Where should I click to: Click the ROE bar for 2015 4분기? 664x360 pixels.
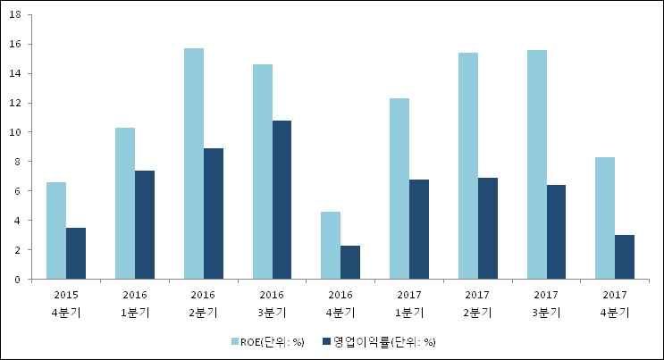pyautogui.click(x=56, y=230)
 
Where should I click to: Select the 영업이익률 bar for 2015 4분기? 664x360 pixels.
pyautogui.click(x=76, y=254)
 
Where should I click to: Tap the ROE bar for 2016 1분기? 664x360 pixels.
pyautogui.click(x=125, y=204)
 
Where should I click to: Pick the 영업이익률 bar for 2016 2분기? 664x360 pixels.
pyautogui.click(x=214, y=213)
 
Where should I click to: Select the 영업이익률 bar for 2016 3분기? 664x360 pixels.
pyautogui.click(x=282, y=200)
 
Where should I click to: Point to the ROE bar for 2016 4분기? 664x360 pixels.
pyautogui.click(x=332, y=246)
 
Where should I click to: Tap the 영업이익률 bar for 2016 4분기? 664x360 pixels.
pyautogui.click(x=351, y=263)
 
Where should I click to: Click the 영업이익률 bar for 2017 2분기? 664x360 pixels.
pyautogui.click(x=488, y=229)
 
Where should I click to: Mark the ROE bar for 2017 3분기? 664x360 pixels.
pyautogui.click(x=537, y=164)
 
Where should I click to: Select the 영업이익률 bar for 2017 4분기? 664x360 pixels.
pyautogui.click(x=625, y=257)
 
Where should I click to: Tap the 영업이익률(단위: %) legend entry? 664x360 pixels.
pyautogui.click(x=384, y=341)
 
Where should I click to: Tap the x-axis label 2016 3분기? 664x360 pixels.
pyautogui.click(x=273, y=303)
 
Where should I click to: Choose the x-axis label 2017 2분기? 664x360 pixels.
pyautogui.click(x=478, y=303)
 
